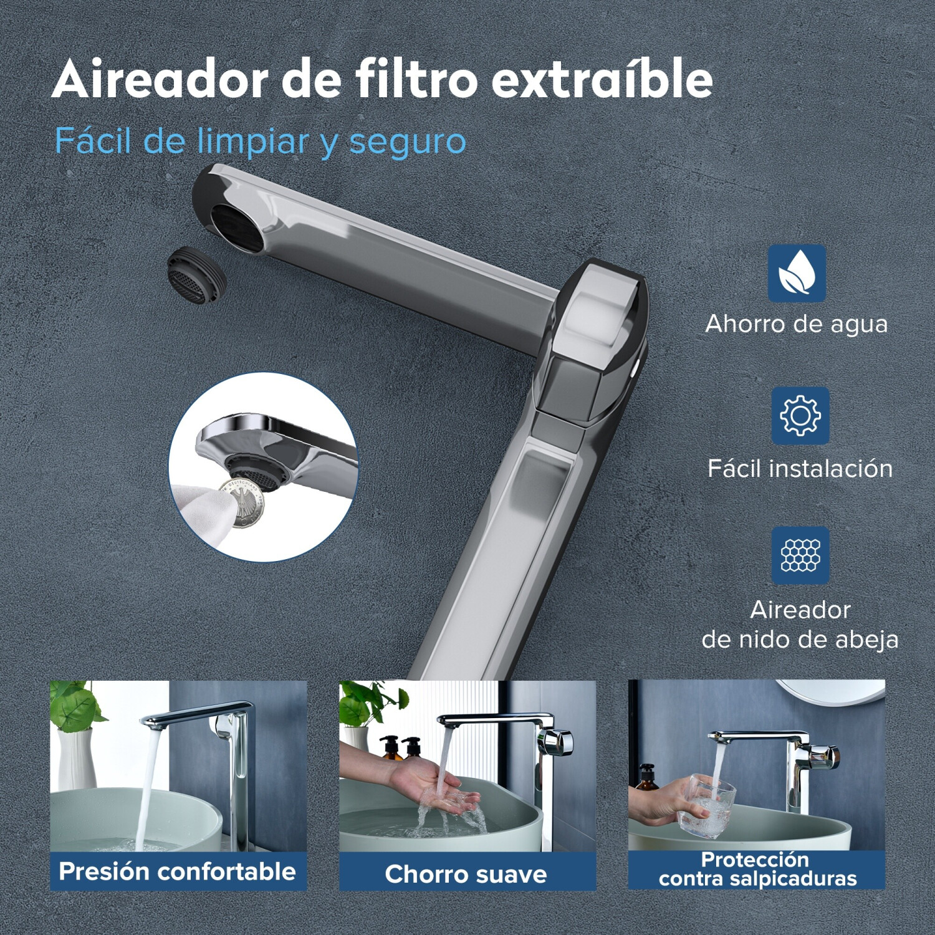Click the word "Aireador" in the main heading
(x=161, y=80)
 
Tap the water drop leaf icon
(x=797, y=274)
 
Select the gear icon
(x=800, y=415)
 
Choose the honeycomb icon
(x=800, y=555)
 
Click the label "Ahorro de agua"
(x=797, y=324)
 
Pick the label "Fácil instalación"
(x=800, y=468)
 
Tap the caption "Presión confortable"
(x=177, y=871)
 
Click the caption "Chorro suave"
(x=466, y=874)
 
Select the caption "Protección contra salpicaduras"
(x=757, y=869)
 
